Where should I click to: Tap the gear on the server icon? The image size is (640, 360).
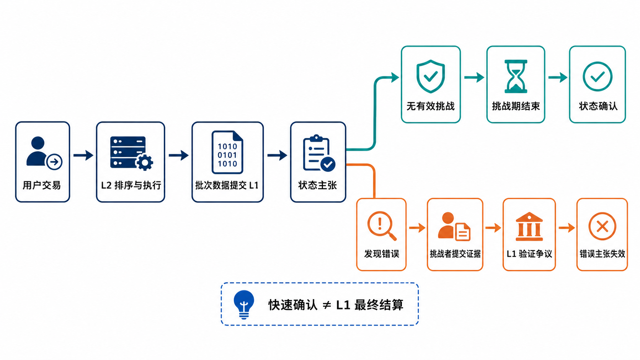point(144,163)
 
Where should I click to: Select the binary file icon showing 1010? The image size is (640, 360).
point(227,152)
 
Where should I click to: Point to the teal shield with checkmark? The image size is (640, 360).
point(431,76)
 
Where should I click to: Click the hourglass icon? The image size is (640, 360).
point(516,76)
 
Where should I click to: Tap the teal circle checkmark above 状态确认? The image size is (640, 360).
point(598,76)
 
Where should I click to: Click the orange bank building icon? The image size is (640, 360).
point(529,227)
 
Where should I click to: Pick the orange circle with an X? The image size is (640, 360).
point(602,226)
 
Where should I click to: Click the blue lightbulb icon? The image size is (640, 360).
point(244,304)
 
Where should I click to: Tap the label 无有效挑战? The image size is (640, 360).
point(431,106)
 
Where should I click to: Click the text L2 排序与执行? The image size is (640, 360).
point(131,185)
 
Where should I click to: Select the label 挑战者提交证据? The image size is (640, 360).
point(455,254)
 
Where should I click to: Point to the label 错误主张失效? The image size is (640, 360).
point(602,254)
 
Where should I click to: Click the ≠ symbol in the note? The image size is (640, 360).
point(327,305)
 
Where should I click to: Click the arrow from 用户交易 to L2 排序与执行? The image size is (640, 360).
point(83,155)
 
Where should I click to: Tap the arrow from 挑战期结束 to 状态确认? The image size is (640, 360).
point(558,77)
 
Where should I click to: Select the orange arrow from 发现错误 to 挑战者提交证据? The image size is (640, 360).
point(417,228)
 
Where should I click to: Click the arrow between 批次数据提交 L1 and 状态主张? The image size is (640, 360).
point(277,155)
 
